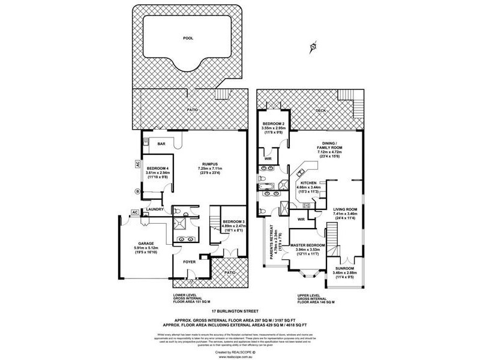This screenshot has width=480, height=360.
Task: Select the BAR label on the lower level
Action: coord(161,144)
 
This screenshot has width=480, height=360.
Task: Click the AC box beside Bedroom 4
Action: coord(138,163)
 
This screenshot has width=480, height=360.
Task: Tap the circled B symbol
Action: coord(137,191)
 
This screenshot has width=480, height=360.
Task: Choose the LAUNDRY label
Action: coord(155,209)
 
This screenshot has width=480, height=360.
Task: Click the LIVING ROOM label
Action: coord(346,208)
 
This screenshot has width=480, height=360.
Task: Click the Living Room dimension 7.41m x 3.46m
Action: coord(346,213)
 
